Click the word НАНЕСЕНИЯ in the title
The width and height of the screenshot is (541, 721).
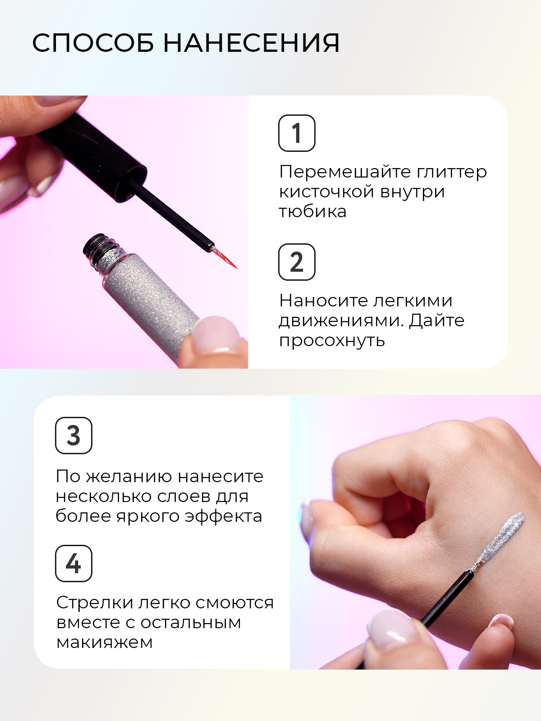click(252, 43)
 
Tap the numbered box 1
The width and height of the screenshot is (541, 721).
click(297, 133)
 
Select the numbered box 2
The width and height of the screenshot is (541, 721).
click(297, 262)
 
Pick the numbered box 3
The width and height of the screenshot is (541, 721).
click(73, 436)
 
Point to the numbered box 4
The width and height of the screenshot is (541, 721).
click(73, 563)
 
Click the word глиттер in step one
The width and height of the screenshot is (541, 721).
click(452, 172)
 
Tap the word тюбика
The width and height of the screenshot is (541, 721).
click(313, 211)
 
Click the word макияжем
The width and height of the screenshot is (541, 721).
click(105, 643)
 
